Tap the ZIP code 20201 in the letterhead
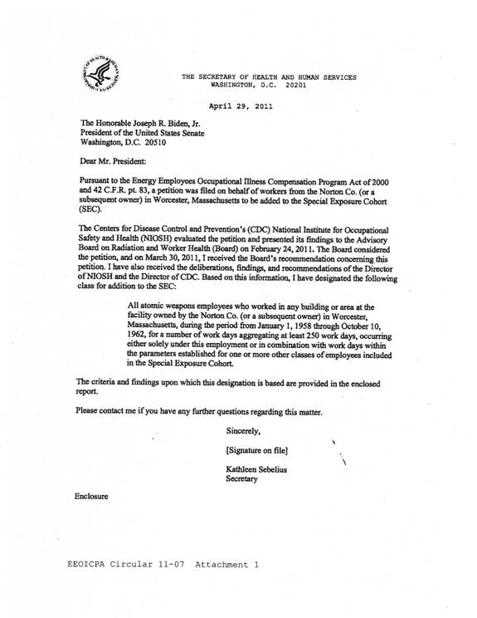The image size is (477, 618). click(296, 85)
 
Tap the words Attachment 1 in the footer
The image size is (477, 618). click(227, 564)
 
